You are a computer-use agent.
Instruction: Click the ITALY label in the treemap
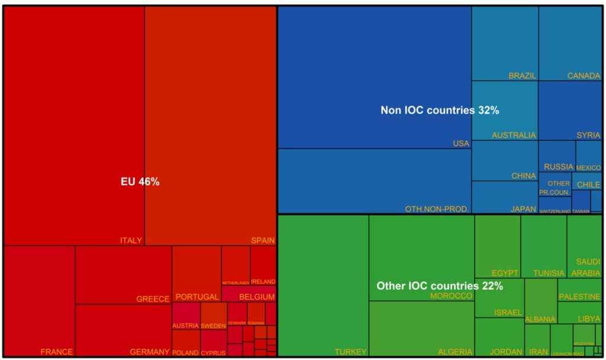pos(131,240)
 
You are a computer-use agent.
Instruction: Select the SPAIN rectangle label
pos(263,240)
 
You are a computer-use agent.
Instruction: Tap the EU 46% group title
pos(140,182)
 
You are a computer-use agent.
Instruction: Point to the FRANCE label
pos(57,352)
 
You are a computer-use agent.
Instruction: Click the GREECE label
pos(153,299)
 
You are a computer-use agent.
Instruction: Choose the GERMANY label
pos(150,352)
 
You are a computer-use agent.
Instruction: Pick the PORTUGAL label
pos(197,297)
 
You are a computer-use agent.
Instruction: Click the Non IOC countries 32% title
pos(440,110)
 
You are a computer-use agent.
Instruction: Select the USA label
pos(460,144)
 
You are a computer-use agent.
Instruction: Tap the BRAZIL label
pos(522,76)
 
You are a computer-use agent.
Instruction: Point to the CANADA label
pos(584,76)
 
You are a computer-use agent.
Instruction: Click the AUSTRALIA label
pos(514,136)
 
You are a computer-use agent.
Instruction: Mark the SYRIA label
pos(588,136)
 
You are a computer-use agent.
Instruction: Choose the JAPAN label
pos(523,209)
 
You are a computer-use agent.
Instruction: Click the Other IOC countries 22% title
pos(440,286)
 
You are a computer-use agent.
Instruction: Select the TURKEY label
pos(350,352)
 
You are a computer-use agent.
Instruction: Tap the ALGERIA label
pos(455,352)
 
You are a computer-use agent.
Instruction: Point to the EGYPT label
pos(505,273)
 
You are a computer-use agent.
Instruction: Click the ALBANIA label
pos(540,319)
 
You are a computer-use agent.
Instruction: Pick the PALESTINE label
pos(581,296)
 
